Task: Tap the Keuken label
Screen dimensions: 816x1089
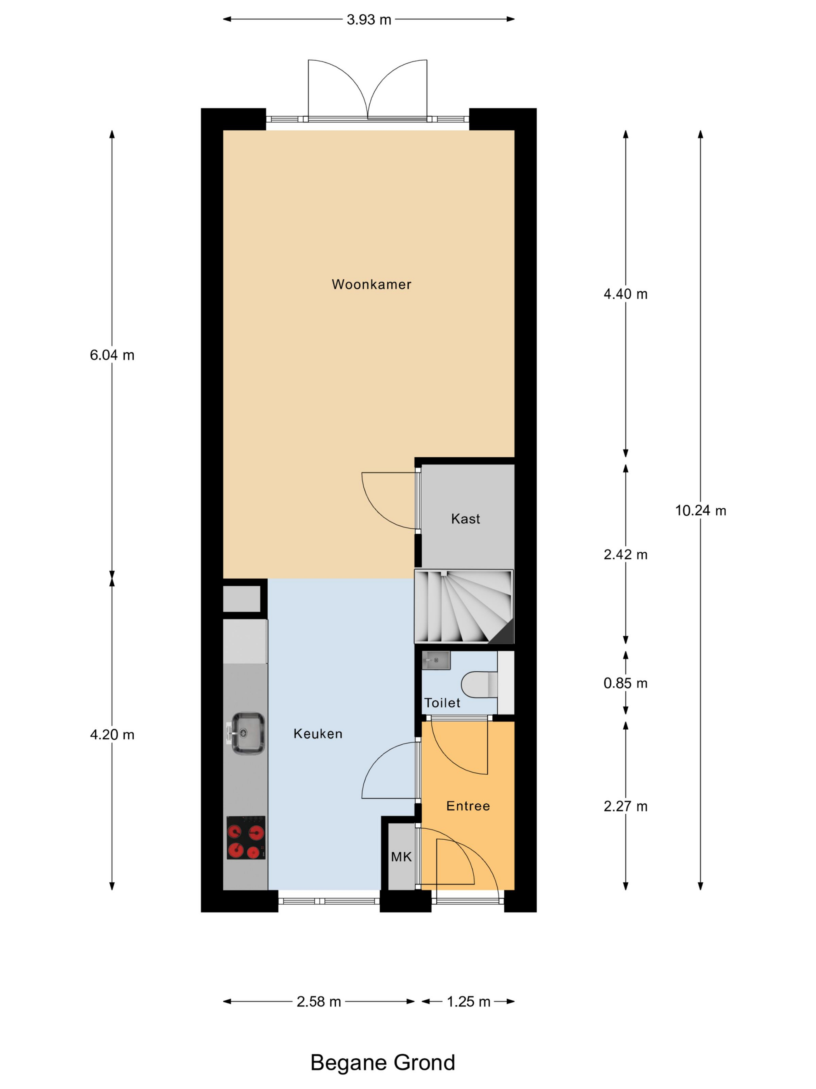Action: point(318,734)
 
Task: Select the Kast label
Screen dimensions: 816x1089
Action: point(465,518)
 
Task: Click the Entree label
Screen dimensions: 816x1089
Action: point(468,806)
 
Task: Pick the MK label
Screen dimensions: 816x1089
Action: point(401,857)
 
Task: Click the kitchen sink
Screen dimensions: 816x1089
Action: point(246,734)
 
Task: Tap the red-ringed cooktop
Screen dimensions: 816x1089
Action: point(246,838)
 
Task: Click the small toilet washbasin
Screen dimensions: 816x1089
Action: point(436,660)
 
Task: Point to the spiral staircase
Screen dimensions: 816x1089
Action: point(464,606)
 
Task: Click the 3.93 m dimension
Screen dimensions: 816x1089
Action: point(369,20)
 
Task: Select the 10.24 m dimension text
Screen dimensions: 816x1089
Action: point(701,511)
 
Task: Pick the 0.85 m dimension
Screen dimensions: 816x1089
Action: point(626,683)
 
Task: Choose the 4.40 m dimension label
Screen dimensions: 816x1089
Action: point(626,294)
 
